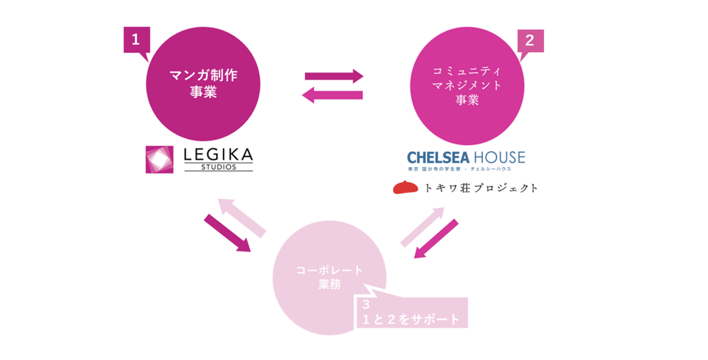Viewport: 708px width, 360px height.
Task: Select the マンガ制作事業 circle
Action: tap(203, 84)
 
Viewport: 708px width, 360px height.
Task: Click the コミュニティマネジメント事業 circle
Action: tap(467, 86)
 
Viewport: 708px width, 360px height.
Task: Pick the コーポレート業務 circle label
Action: tap(329, 277)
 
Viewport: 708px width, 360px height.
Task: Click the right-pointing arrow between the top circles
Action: tap(334, 76)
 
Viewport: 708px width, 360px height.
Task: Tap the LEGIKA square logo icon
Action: tap(159, 159)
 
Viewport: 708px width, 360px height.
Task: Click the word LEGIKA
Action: tap(218, 155)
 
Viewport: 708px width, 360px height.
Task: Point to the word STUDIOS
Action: tap(218, 167)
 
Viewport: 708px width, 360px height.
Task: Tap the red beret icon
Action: tap(405, 187)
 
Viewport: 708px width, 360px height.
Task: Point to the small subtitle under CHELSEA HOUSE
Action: tap(459, 169)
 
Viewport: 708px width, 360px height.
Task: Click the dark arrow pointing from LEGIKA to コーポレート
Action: tap(227, 233)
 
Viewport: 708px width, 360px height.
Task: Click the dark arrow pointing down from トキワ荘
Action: tap(436, 239)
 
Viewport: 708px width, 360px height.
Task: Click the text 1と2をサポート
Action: tap(411, 319)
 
